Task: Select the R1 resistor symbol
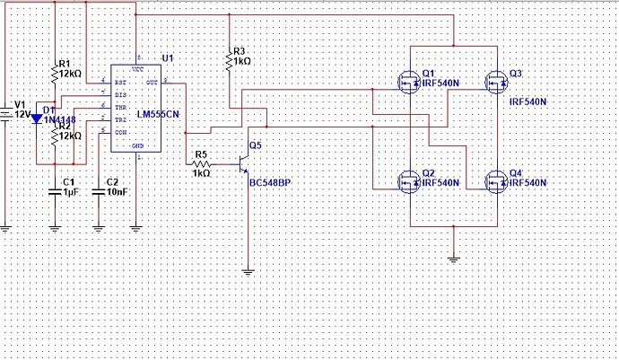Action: (x=55, y=77)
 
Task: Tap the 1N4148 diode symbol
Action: (x=37, y=119)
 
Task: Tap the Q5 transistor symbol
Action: (x=243, y=164)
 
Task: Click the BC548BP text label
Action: (x=269, y=182)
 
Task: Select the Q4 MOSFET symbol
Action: (x=496, y=182)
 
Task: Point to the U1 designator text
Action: (x=168, y=57)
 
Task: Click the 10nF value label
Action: (x=117, y=192)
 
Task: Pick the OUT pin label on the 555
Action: (x=153, y=82)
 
